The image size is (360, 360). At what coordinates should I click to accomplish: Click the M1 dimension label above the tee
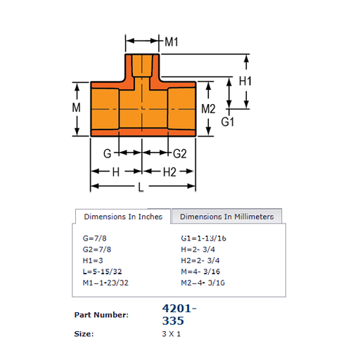pos(172,42)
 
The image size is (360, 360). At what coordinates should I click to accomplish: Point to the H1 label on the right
pos(245,81)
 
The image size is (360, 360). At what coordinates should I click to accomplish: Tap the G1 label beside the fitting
pos(227,122)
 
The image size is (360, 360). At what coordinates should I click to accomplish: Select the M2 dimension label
pos(208,109)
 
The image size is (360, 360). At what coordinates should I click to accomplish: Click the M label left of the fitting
pos(76,108)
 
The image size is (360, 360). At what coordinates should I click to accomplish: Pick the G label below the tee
pos(107,154)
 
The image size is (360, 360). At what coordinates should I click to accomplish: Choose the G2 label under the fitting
pos(180,154)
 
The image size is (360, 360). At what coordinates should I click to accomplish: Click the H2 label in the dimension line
pos(169,172)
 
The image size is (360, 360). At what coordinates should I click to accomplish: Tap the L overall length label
pos(141,187)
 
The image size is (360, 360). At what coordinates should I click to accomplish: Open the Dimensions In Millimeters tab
pos(226,217)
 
